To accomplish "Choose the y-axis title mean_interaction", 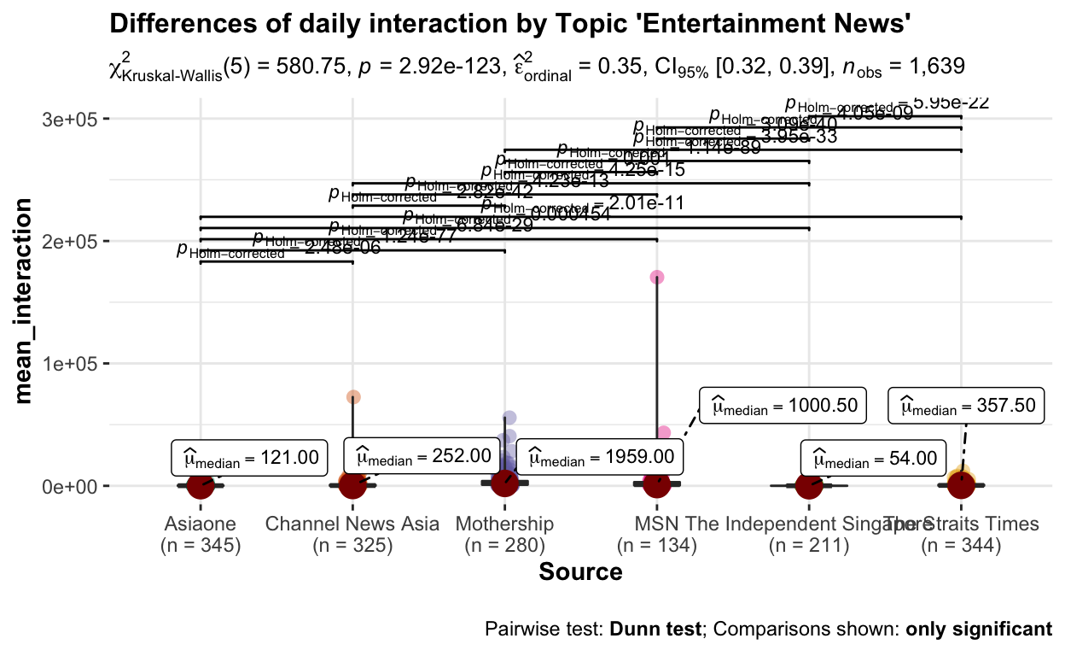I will (26, 302).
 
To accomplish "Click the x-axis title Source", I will (580, 571).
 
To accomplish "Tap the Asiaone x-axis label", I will (200, 524).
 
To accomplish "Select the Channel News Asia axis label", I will (352, 524).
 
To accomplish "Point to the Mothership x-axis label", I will (505, 524).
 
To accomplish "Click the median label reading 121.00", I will (249, 458).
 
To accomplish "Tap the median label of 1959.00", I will (601, 458).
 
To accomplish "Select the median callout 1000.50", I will (783, 405).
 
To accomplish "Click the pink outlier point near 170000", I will (657, 277).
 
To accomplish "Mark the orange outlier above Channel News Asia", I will (353, 397).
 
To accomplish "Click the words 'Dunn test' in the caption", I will (658, 630).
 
